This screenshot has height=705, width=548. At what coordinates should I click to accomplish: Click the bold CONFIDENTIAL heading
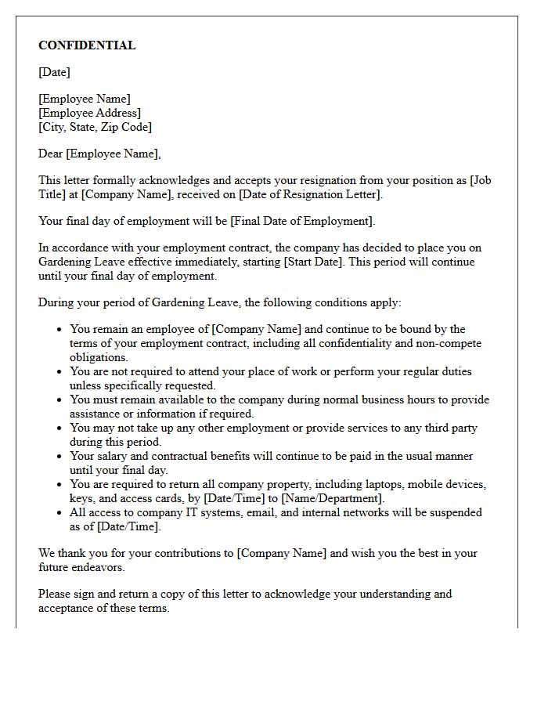point(87,45)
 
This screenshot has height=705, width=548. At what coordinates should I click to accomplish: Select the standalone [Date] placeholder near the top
point(54,72)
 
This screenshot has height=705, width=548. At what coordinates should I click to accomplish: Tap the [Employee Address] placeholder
point(90,113)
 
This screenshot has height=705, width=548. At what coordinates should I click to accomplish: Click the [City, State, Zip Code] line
point(95,127)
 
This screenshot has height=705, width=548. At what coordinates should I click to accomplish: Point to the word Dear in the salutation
point(51,154)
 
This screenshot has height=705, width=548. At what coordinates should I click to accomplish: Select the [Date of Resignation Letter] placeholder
point(310,194)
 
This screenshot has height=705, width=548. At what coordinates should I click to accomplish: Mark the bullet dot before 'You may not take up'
point(59,428)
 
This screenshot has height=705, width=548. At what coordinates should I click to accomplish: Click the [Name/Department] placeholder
point(334,498)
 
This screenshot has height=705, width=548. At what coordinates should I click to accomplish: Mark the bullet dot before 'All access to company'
point(59,513)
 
